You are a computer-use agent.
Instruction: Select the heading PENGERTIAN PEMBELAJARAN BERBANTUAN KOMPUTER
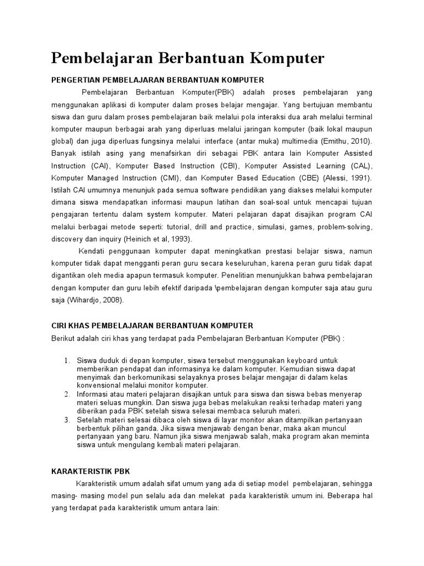pos(158,80)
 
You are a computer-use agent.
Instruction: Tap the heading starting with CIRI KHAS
pos(152,326)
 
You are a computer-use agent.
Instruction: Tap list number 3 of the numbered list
pos(67,420)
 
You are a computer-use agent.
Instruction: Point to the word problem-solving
pos(346,227)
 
